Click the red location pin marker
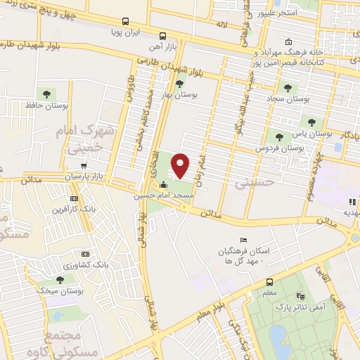click(181, 165)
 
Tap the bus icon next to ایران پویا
click(125, 22)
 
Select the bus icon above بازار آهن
click(163, 35)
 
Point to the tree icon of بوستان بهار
click(180, 82)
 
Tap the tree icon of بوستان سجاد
click(287, 87)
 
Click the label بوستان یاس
click(312, 132)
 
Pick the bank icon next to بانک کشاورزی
click(86, 254)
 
